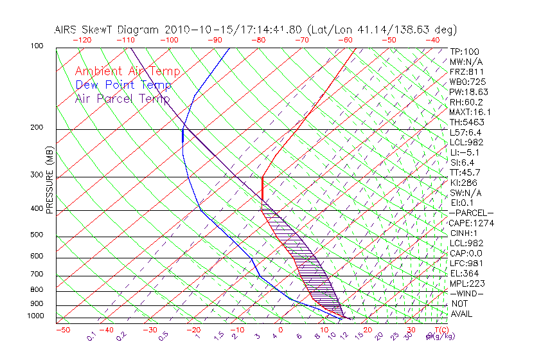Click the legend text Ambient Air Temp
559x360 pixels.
point(127,71)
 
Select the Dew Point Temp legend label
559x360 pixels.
point(123,85)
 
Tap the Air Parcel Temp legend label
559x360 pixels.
point(122,98)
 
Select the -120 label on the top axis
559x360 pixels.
point(82,40)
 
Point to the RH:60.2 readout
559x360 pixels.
point(466,102)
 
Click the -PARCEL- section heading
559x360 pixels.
point(471,213)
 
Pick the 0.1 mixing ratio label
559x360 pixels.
point(92,336)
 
